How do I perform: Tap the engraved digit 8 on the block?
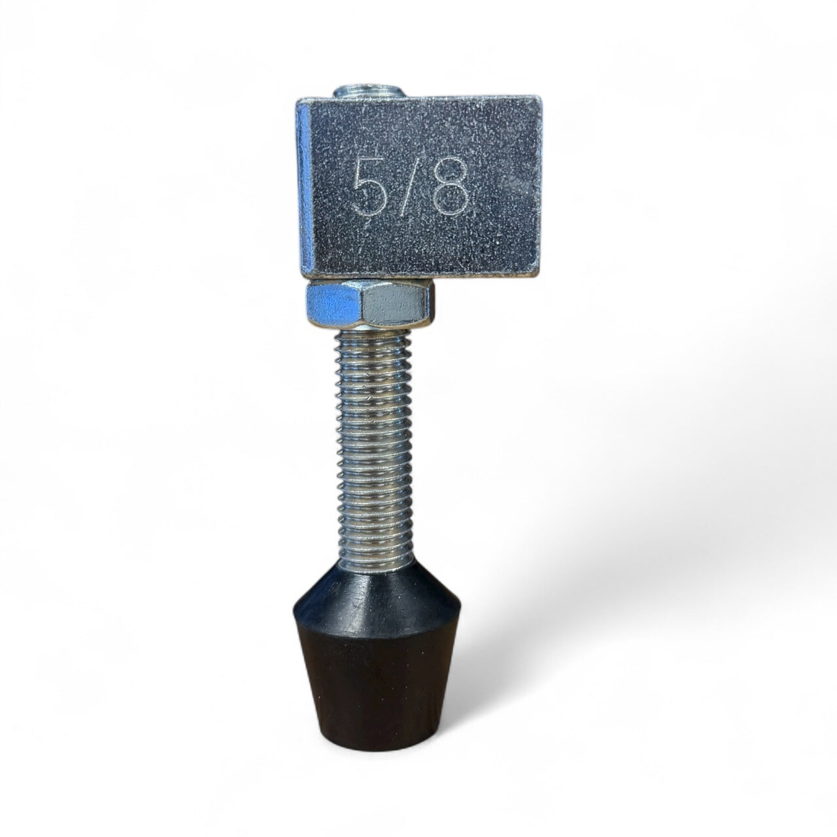[x=451, y=187]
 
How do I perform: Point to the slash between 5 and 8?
[x=408, y=186]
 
